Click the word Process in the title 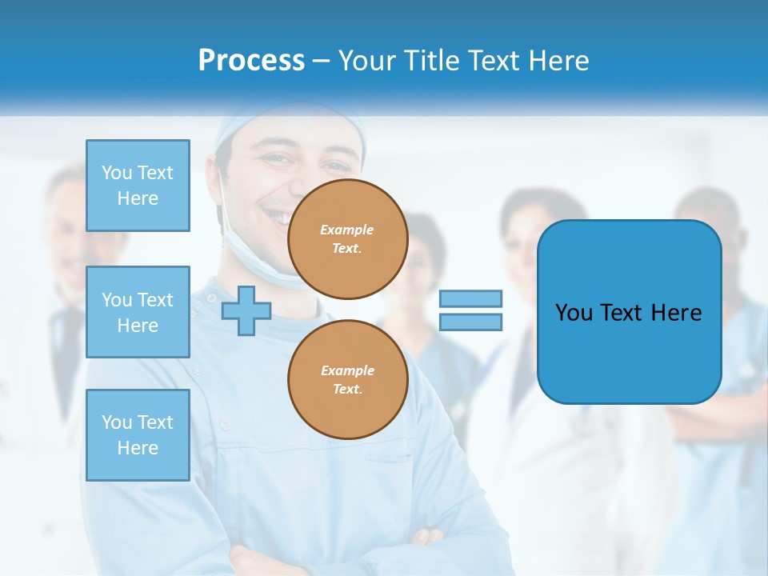(251, 61)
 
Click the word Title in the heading (430, 61)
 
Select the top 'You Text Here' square (138, 186)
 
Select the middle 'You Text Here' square (138, 312)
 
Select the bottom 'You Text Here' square (138, 435)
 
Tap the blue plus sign (246, 310)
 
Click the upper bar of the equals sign (470, 298)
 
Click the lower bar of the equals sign (470, 322)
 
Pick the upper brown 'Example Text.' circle (348, 239)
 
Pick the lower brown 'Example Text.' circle (348, 380)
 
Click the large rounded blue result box (629, 352)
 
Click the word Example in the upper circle (347, 230)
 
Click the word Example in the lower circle (347, 370)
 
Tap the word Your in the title (364, 61)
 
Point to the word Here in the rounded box (676, 313)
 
